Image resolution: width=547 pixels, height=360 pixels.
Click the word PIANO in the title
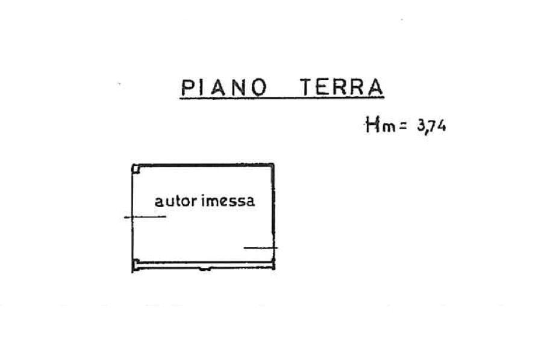pyautogui.click(x=223, y=88)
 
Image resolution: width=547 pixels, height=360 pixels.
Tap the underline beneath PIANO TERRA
pyautogui.click(x=281, y=98)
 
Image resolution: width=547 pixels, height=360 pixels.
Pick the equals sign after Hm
pyautogui.click(x=403, y=125)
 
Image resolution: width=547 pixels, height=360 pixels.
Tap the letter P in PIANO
pyautogui.click(x=187, y=88)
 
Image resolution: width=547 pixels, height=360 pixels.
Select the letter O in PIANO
pyautogui.click(x=258, y=88)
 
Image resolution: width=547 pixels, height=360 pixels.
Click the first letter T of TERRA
pyautogui.click(x=306, y=88)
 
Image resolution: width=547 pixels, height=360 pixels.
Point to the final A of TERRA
pyautogui.click(x=375, y=88)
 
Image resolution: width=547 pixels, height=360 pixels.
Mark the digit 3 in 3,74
pyautogui.click(x=421, y=126)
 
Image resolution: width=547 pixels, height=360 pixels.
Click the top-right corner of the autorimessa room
pyautogui.click(x=275, y=163)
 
